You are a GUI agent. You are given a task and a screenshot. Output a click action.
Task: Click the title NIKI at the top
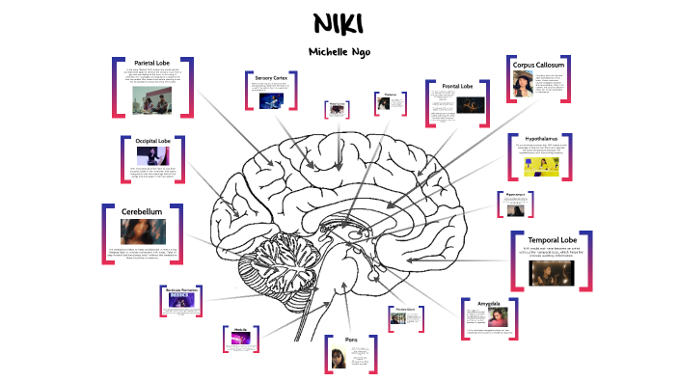pyautogui.click(x=339, y=24)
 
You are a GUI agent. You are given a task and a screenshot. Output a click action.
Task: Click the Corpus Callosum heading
pyautogui.click(x=537, y=66)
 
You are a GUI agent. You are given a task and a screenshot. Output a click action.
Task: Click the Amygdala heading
pyautogui.click(x=489, y=303)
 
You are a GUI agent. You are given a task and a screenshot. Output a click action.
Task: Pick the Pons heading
pyautogui.click(x=351, y=339)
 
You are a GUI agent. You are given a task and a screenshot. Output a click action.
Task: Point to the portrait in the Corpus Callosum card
pyautogui.click(x=522, y=87)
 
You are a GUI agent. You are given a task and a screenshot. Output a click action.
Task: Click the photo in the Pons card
pyautogui.click(x=339, y=358)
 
